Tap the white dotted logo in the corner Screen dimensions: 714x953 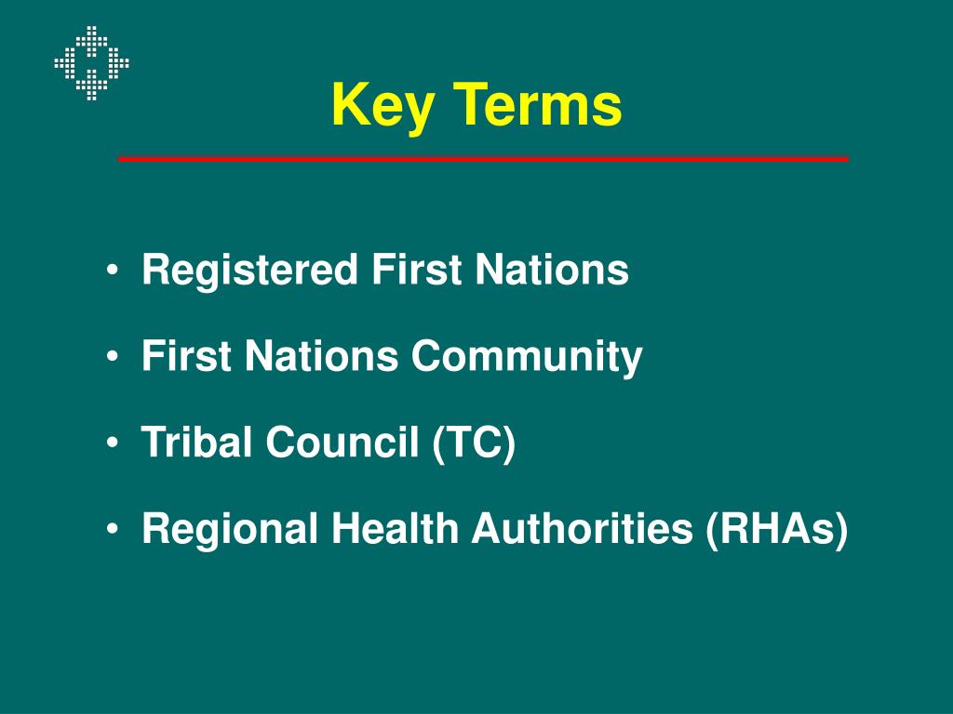[x=91, y=63]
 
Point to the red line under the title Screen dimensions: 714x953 [x=483, y=160]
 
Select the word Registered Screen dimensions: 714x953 [x=249, y=271]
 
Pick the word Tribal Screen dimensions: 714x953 [x=196, y=443]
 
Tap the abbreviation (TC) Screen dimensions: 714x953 [x=473, y=443]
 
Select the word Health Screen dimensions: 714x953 [x=392, y=529]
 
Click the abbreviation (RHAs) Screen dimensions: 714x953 [x=777, y=530]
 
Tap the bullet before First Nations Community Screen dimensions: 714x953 [x=113, y=358]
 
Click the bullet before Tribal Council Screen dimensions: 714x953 [x=113, y=443]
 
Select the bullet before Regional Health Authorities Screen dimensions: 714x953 [x=113, y=530]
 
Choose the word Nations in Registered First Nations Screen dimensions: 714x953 [x=552, y=271]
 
